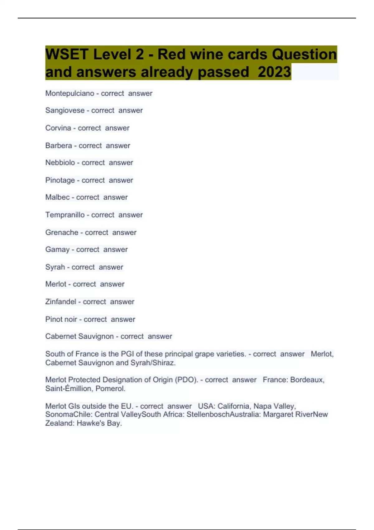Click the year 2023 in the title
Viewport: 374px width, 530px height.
coord(274,72)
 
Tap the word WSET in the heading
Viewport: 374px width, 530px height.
coord(67,54)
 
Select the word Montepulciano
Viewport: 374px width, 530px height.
coord(70,93)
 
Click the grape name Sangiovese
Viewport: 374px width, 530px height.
coord(65,110)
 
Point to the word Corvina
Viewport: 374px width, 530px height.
coord(58,128)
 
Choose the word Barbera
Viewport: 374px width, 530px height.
coord(59,145)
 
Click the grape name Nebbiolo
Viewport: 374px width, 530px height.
coord(60,162)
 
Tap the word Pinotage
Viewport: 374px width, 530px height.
coord(60,180)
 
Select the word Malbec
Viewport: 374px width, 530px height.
coord(57,197)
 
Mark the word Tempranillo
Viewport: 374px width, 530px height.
coord(65,215)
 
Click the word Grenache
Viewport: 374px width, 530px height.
coord(62,232)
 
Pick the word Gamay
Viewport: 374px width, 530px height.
coord(57,249)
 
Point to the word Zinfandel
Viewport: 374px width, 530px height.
coord(61,301)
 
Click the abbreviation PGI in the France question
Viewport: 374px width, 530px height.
coord(127,354)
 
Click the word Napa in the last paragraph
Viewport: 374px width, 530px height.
coord(262,406)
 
